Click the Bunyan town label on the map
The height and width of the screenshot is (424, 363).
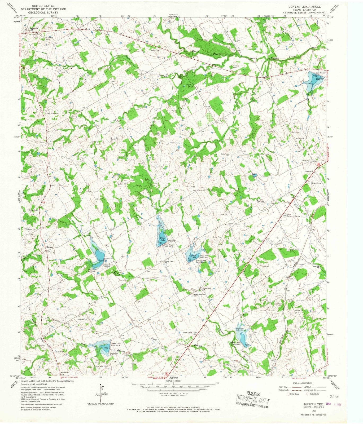[50, 247]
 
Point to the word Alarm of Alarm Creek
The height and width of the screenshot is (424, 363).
[260, 202]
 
